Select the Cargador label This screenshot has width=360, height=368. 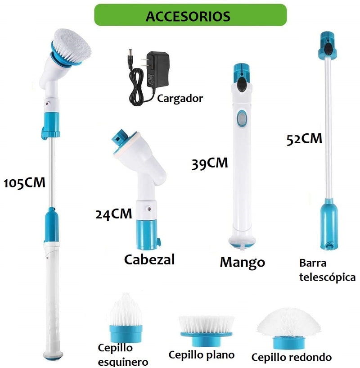[180, 98]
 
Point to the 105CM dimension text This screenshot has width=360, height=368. [25, 183]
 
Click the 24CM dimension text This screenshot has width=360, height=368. [114, 213]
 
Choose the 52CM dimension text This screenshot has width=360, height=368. [304, 138]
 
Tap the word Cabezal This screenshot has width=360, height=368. [149, 259]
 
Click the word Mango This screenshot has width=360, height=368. [242, 262]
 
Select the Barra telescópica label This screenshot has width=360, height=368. [327, 270]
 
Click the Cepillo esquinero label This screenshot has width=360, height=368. [122, 354]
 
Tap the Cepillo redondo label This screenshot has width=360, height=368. [291, 357]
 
